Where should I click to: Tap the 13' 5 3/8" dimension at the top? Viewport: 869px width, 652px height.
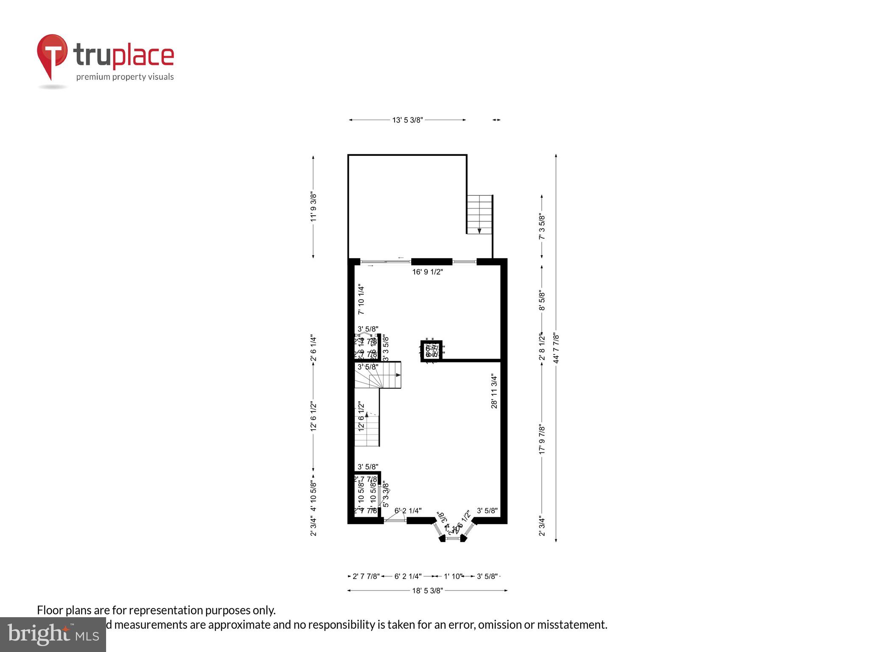pos(407,120)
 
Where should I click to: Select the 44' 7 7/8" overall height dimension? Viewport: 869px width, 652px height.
pos(556,348)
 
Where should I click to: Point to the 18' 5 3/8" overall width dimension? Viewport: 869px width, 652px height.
pos(427,590)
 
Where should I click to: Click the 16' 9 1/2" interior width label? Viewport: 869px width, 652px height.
pos(427,272)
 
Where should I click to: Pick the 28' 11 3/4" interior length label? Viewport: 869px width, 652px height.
pos(494,391)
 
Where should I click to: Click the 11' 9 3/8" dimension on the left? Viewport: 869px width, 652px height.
pos(314,207)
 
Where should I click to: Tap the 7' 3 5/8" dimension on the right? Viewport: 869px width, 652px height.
pos(542,226)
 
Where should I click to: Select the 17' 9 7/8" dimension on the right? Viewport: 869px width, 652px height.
pos(542,439)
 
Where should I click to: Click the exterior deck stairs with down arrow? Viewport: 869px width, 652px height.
pos(479,214)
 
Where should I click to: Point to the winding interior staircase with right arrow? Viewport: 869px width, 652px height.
pos(378,375)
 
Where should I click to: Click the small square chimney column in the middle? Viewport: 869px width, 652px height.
pos(432,351)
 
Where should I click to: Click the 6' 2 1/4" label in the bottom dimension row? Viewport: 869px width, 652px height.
pos(408,576)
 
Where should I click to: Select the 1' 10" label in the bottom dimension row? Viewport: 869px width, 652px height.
pos(453,576)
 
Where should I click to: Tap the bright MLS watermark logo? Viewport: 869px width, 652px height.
pos(53,635)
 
